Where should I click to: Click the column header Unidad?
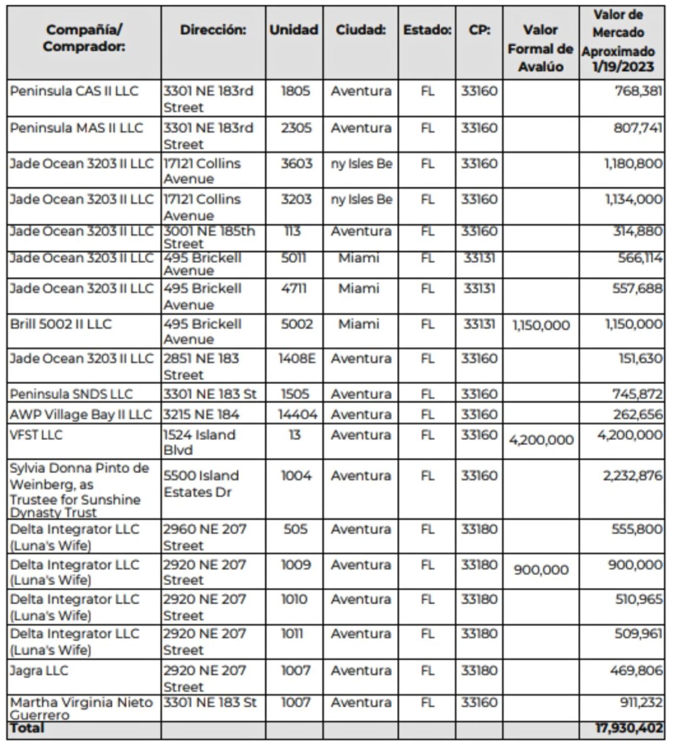[293, 30]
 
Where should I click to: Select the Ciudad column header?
[360, 30]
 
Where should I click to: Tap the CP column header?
[479, 30]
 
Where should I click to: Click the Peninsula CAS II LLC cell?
[74, 91]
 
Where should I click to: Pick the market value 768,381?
[638, 91]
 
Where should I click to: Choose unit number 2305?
[296, 128]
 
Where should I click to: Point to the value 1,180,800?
[633, 164]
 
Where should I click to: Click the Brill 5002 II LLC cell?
[60, 324]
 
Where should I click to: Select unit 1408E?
[296, 358]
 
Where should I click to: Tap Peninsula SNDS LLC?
[71, 394]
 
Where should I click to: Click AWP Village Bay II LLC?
[81, 415]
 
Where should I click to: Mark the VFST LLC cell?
[36, 435]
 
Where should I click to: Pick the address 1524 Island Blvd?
[199, 442]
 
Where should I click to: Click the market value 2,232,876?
[632, 476]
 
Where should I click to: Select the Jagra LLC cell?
[39, 670]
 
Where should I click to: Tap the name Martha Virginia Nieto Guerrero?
[81, 708]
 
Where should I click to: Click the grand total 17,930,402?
[629, 728]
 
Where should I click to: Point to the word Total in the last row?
[27, 728]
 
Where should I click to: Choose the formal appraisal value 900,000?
[541, 570]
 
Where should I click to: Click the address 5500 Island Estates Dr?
[201, 484]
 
